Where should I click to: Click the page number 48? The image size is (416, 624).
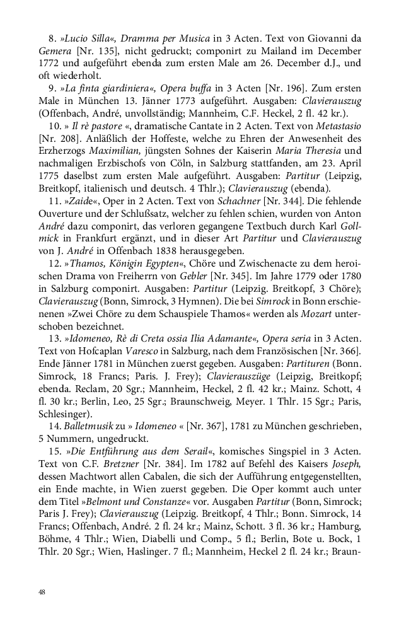tap(42, 592)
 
